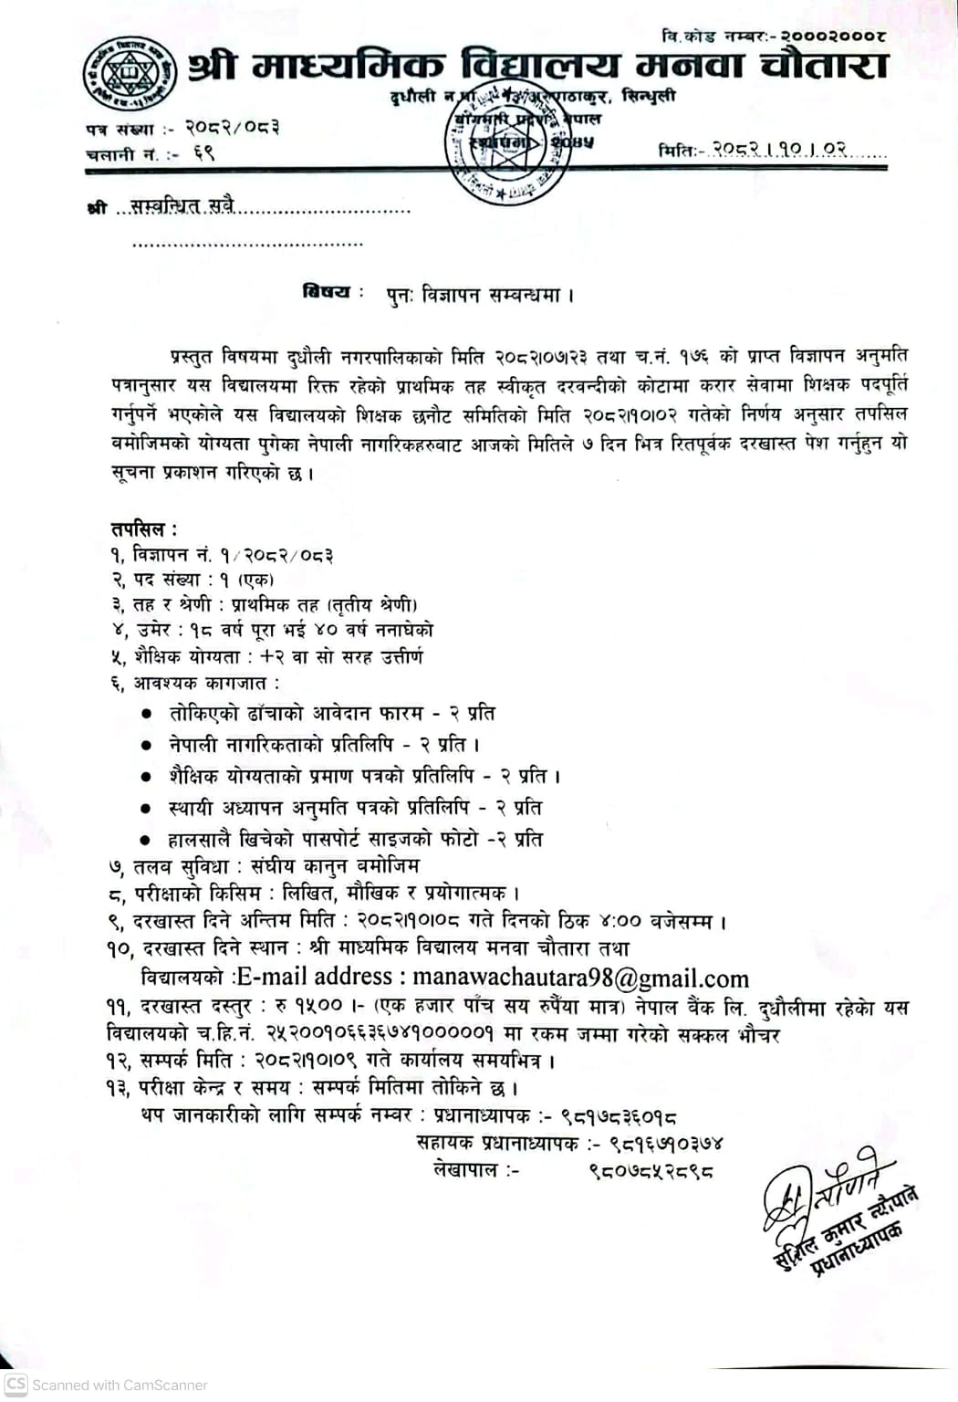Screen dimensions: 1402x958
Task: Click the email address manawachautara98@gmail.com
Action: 580,978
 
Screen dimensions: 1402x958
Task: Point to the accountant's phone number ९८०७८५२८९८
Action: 651,1170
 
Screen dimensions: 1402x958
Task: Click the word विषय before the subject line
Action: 327,292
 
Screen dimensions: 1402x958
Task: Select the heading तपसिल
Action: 143,528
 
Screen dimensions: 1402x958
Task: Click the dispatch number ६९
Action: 203,153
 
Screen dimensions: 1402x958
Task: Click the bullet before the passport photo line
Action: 145,840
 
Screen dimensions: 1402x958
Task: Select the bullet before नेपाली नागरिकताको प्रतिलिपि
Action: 145,746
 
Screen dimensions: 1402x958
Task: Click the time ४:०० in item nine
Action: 620,921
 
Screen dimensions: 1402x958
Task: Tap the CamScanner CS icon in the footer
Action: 16,1384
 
